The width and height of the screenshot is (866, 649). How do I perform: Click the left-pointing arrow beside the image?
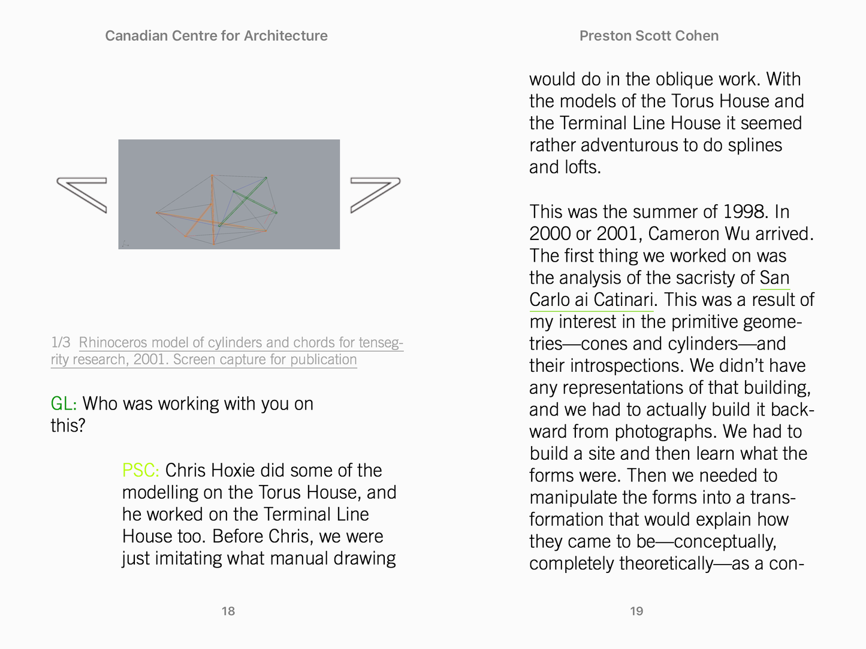coord(82,195)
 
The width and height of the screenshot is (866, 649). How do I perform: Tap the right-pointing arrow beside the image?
coord(375,195)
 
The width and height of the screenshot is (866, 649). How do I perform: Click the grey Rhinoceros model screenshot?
coord(229,195)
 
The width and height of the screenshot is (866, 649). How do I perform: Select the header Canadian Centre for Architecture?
coord(216,36)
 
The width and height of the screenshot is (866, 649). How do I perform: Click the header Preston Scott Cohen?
coord(649,36)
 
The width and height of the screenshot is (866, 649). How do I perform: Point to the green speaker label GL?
coord(64,404)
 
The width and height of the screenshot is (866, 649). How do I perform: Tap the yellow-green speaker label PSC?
coord(141,471)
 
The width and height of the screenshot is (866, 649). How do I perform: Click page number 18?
coord(228,611)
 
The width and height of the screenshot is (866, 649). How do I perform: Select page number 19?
coord(636,611)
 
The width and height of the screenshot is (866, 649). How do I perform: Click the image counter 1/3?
coord(61,342)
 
